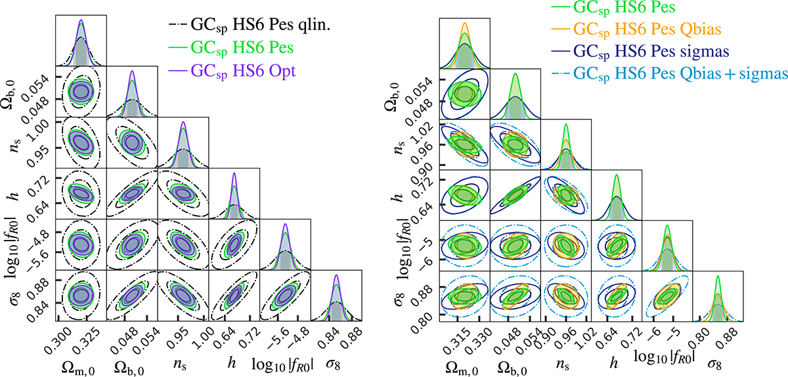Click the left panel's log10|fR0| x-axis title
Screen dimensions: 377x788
pyautogui.click(x=286, y=360)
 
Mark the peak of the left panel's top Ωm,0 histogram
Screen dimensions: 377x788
pyautogui.click(x=81, y=20)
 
